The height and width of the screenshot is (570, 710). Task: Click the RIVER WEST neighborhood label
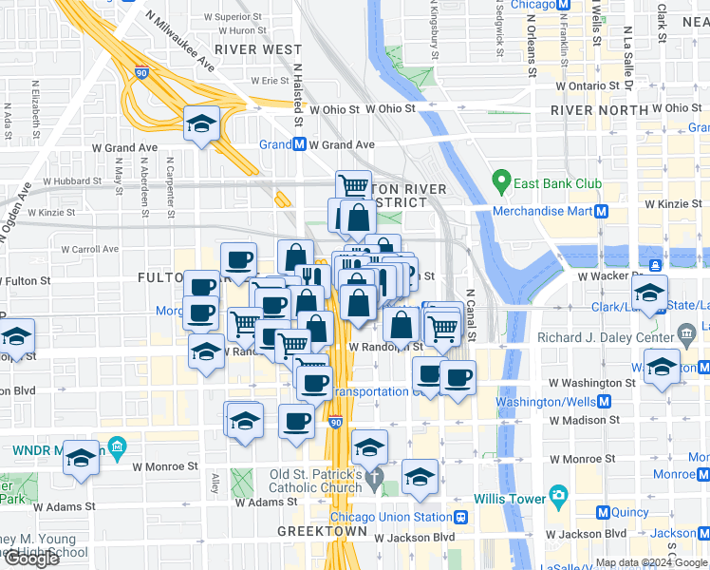[245, 49]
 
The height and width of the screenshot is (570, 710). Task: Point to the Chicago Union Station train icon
[461, 518]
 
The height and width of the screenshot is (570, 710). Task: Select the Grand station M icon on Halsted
[298, 144]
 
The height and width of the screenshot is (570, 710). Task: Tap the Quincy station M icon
[602, 512]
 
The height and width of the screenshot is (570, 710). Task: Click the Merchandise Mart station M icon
[601, 211]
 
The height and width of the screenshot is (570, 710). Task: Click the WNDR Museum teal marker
[117, 446]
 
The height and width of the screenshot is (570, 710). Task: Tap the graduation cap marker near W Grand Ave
[201, 123]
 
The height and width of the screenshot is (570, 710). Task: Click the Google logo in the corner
[30, 559]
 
